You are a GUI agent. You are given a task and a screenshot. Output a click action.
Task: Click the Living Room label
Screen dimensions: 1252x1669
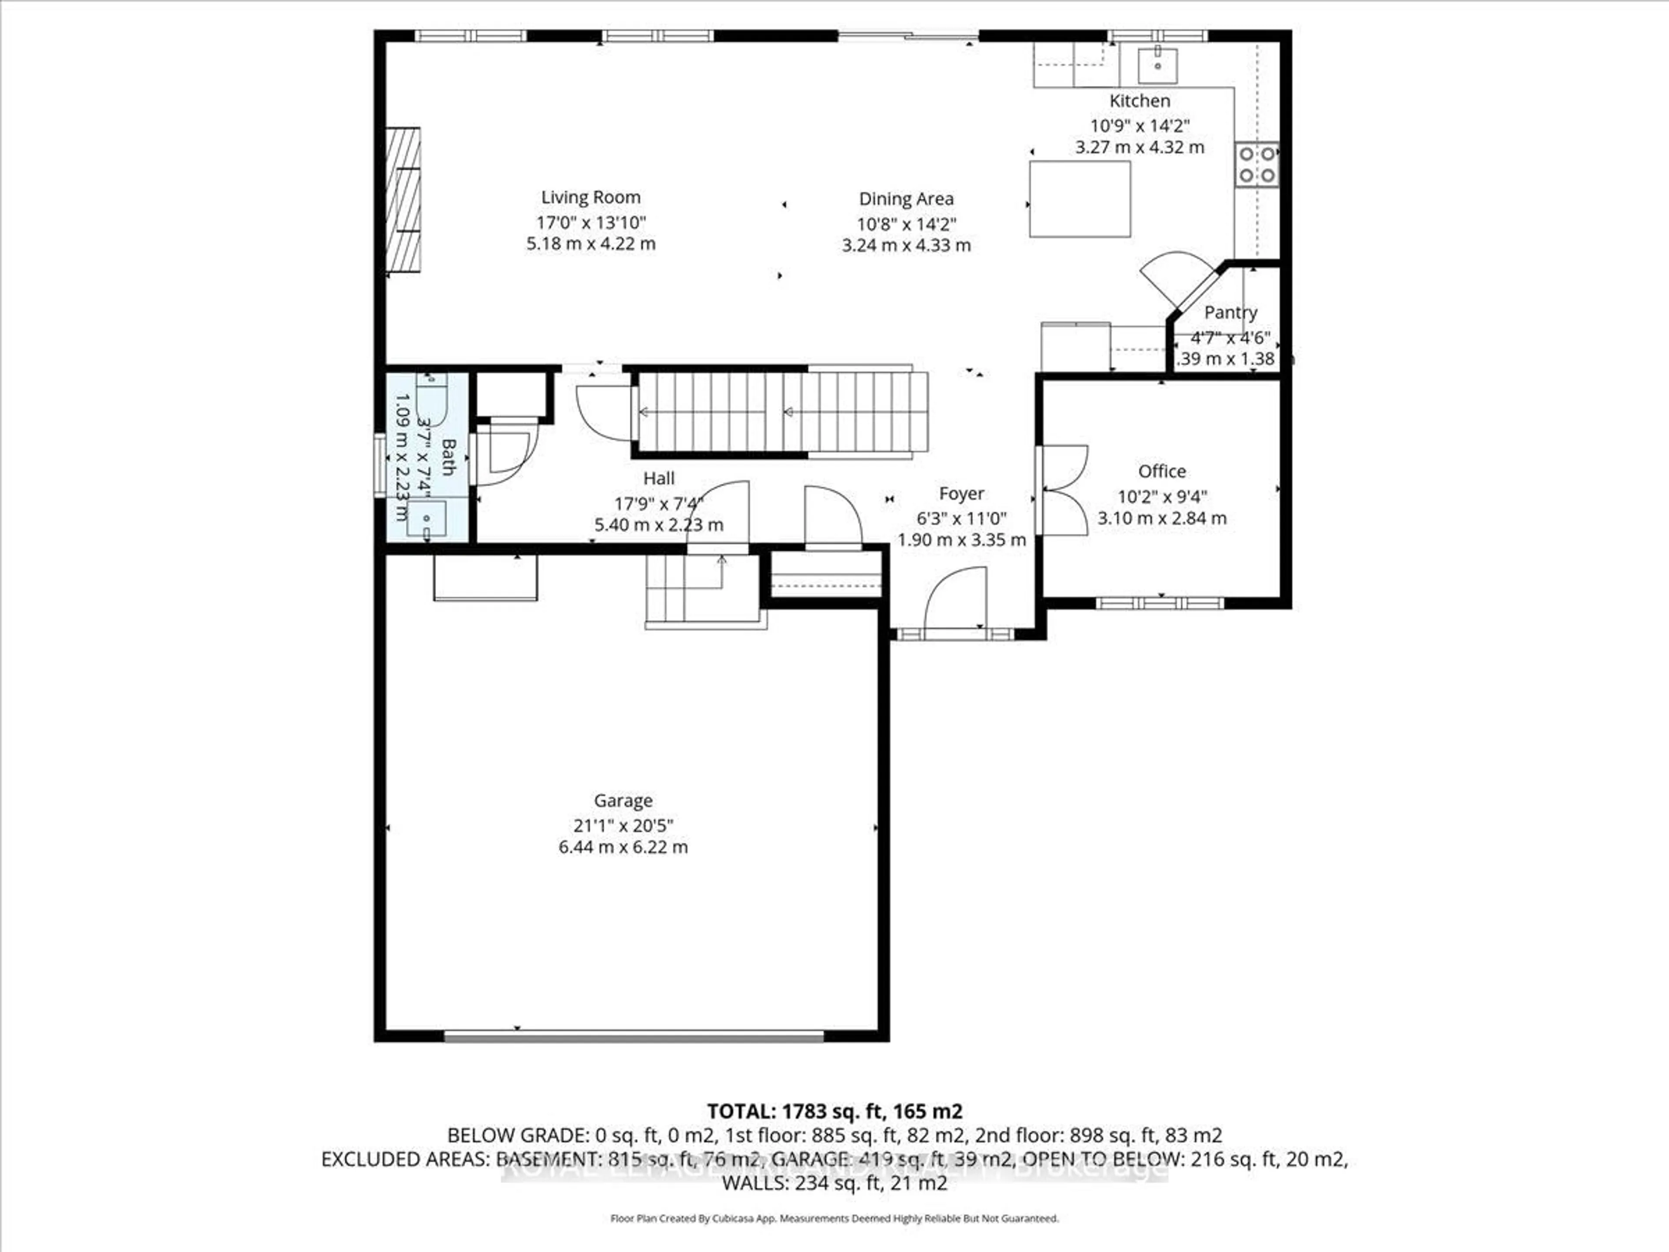click(x=591, y=198)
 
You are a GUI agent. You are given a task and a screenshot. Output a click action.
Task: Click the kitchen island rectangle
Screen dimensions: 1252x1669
click(x=1080, y=199)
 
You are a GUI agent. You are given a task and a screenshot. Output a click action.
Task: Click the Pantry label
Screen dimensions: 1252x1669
click(x=1230, y=313)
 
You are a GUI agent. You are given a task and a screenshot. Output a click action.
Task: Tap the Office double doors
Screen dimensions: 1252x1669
click(x=1062, y=490)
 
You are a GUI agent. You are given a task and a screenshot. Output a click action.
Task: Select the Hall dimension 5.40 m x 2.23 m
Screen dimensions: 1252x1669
click(x=659, y=525)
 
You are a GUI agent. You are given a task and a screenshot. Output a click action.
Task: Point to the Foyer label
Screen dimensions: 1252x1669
click(x=961, y=493)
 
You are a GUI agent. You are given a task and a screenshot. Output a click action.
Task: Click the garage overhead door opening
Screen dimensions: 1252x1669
click(x=634, y=1036)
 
